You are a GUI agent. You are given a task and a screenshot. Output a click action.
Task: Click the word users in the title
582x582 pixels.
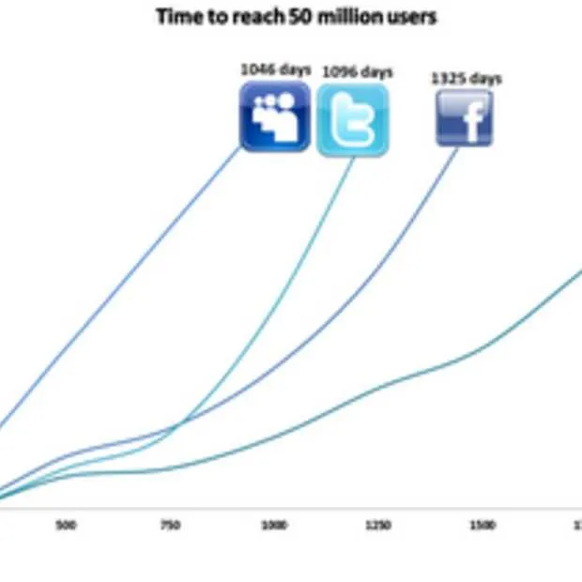pos(406,17)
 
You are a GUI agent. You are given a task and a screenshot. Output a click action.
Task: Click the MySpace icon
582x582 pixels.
pos(275,115)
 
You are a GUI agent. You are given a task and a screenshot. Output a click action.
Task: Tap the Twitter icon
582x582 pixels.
pos(352,119)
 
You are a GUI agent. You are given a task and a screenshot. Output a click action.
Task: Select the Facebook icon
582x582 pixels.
pos(464,117)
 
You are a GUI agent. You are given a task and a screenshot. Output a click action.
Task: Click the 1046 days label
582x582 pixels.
pos(275,69)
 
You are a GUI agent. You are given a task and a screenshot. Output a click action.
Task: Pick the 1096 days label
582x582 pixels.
pos(357,72)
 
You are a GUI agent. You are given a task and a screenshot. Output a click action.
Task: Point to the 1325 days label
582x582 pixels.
pos(466,78)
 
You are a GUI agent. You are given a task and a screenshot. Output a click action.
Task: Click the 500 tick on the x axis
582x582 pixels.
pos(66,526)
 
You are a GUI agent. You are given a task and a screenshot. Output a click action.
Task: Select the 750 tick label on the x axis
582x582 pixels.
pos(169,526)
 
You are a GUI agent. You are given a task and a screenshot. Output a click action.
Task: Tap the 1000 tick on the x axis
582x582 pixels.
pos(274,526)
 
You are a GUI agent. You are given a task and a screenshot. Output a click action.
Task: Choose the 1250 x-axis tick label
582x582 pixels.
pos(378,526)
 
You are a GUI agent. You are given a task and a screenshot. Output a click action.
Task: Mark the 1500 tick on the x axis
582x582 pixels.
pos(482,526)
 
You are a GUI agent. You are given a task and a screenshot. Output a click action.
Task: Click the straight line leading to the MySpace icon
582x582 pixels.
pos(122,291)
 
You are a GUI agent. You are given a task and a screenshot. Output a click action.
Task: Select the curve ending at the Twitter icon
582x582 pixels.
pos(282,300)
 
